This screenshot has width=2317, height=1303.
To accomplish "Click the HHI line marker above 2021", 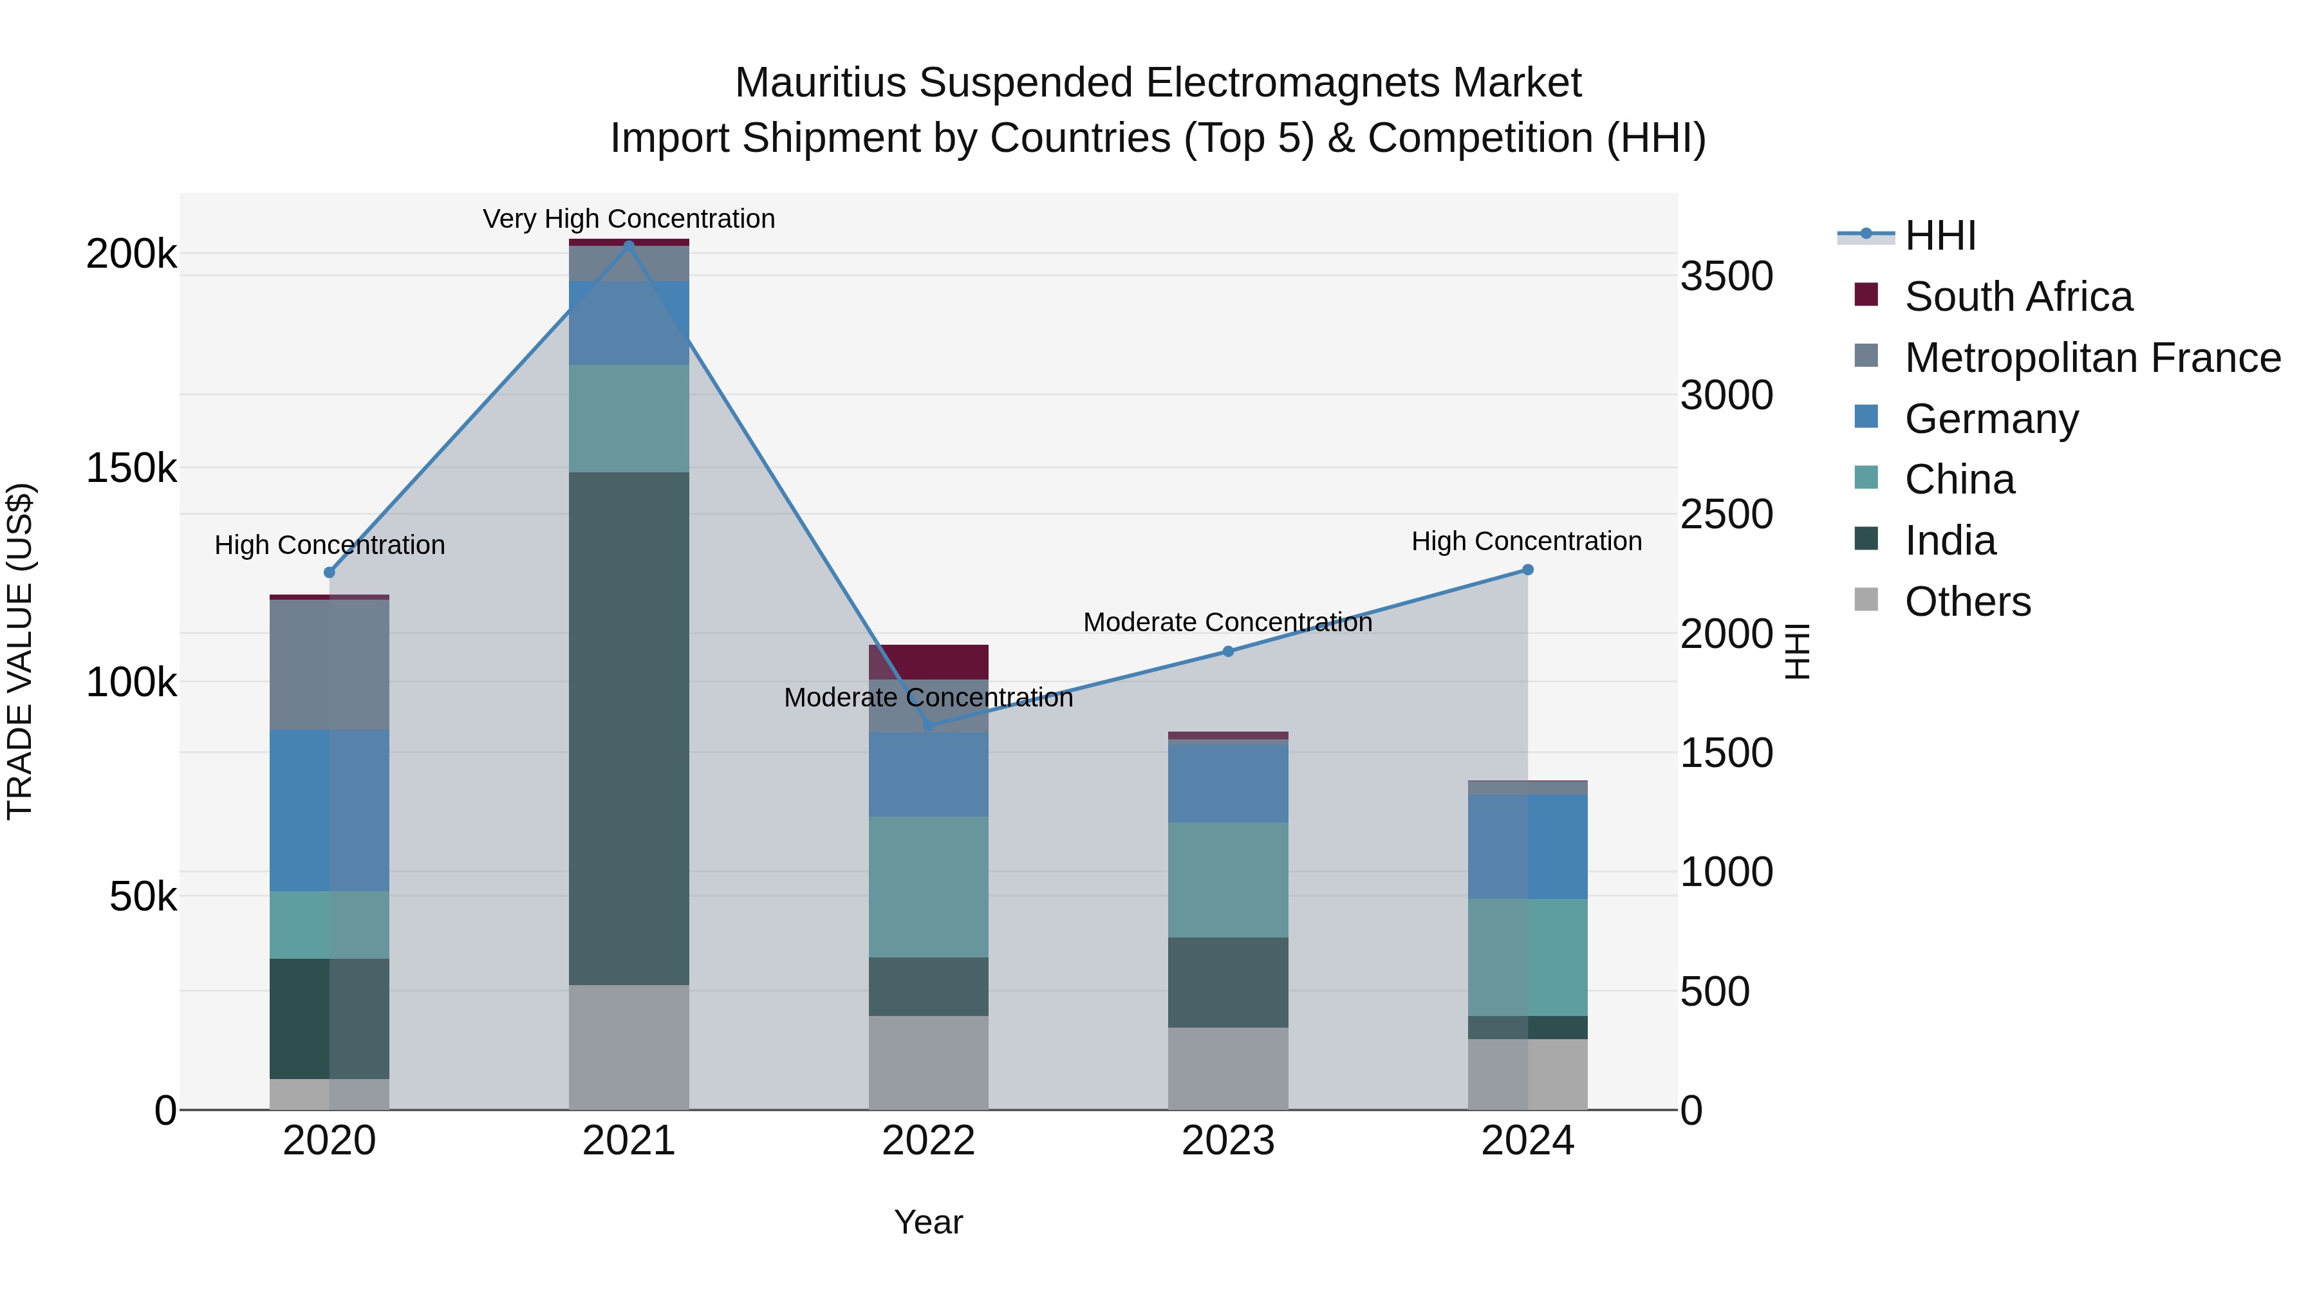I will (x=629, y=245).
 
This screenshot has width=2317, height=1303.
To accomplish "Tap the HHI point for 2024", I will (x=1527, y=570).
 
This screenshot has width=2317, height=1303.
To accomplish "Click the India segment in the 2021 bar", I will (x=629, y=728).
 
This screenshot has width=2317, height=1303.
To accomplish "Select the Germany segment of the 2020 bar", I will (x=329, y=810).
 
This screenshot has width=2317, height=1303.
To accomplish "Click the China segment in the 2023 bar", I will (x=1228, y=880).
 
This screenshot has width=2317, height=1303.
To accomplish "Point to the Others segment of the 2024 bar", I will (x=1527, y=1074).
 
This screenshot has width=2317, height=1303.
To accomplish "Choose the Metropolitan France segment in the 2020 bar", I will (x=329, y=665).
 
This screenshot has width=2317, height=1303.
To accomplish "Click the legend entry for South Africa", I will (x=2018, y=297).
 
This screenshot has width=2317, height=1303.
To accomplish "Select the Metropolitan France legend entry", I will (x=2092, y=358).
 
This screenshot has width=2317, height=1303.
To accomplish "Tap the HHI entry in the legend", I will (x=1939, y=236).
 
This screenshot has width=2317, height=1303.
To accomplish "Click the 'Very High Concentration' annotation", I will (x=629, y=219).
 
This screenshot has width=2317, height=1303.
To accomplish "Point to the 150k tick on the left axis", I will (x=131, y=468).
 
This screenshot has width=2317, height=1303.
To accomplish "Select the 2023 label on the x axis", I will (x=1228, y=1141).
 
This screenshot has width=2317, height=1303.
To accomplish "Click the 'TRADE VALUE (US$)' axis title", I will (x=20, y=651).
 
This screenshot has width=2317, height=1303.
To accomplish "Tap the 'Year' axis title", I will (x=928, y=1222).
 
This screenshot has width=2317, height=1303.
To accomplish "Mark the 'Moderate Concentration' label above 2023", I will (x=1228, y=622).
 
